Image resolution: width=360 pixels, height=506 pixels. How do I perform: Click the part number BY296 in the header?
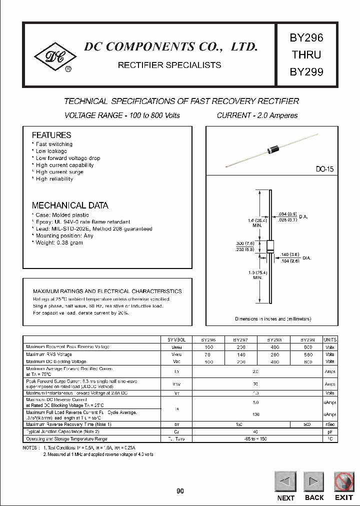point(306,38)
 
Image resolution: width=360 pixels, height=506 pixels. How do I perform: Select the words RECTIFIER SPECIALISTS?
point(169,65)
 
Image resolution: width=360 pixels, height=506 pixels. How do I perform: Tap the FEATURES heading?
point(51,135)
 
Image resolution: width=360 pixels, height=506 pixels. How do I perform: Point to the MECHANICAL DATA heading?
point(70,205)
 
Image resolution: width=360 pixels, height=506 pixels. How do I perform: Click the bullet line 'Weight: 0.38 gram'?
point(58,242)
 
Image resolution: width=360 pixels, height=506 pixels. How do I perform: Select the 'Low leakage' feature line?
point(50,151)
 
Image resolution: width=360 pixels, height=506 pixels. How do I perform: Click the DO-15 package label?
point(324,169)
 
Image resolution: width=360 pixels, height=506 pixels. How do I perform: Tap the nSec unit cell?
point(330,424)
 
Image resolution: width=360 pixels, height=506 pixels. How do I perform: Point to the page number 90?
point(180,491)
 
